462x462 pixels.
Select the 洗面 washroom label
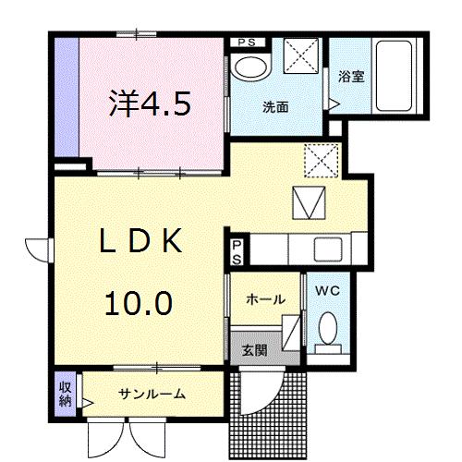pyautogui.click(x=274, y=107)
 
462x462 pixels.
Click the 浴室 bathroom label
pyautogui.click(x=350, y=77)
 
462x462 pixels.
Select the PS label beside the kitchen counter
pyautogui.click(x=237, y=251)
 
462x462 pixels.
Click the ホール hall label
pyautogui.click(x=264, y=299)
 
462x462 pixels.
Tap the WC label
pyautogui.click(x=326, y=291)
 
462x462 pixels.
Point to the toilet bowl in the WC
pyautogui.click(x=326, y=327)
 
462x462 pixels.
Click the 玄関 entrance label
pyautogui.click(x=255, y=350)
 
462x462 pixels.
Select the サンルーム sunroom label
pyautogui.click(x=152, y=394)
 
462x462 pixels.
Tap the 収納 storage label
pyautogui.click(x=66, y=393)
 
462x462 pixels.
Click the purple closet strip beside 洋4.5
pyautogui.click(x=65, y=97)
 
